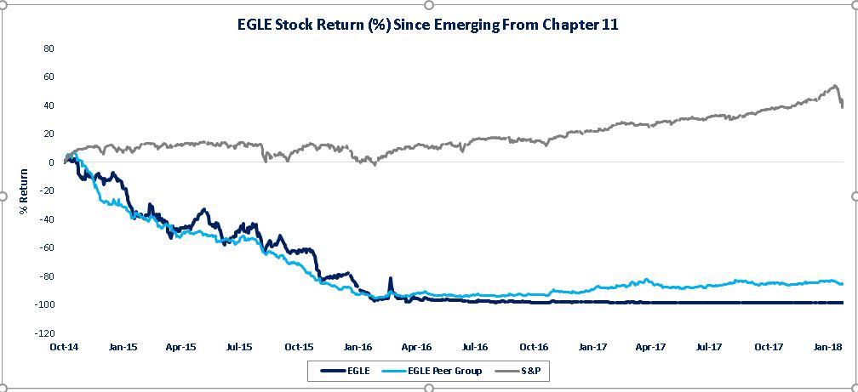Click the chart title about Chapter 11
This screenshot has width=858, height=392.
427,26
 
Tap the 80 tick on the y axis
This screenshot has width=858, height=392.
49,48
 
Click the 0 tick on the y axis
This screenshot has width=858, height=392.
51,162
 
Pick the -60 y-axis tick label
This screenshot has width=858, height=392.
47,247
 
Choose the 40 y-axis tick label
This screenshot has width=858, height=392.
49,105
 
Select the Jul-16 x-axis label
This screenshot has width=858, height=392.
475,347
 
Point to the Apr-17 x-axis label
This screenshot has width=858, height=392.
650,347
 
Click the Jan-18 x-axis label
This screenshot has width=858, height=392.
827,347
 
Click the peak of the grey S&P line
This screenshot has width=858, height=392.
834,86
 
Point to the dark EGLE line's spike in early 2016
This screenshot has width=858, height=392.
391,278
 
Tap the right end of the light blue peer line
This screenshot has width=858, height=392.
842,284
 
